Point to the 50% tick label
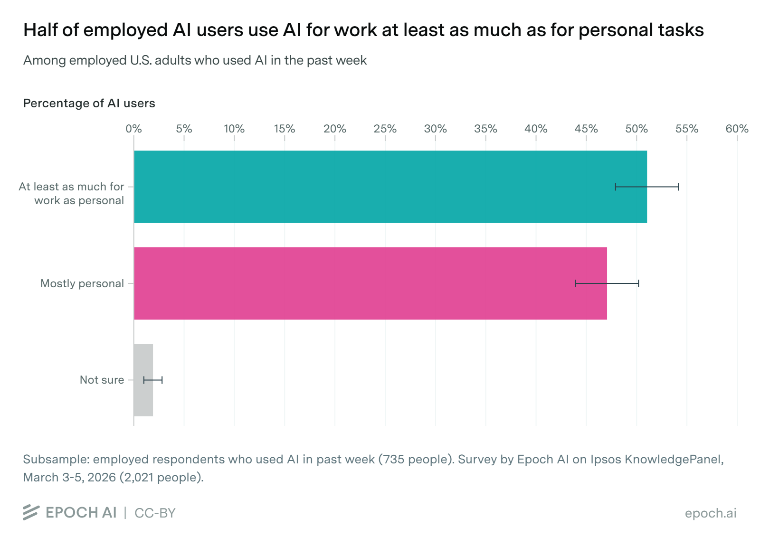click(636, 129)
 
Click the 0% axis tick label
click(133, 129)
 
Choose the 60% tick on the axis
click(737, 129)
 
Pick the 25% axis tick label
click(385, 129)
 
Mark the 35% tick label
click(485, 129)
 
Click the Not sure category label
click(102, 380)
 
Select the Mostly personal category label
click(82, 283)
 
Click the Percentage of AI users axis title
click(89, 104)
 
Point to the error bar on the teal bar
click(647, 187)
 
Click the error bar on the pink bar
click(607, 283)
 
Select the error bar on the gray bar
click(153, 380)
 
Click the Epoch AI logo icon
click(31, 512)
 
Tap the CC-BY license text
click(155, 513)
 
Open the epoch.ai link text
click(710, 513)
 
